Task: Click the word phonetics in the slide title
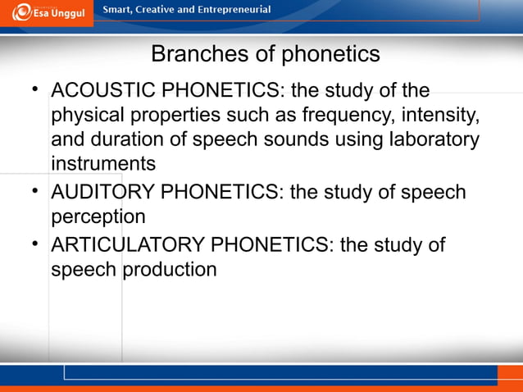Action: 331,54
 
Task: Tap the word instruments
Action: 103,163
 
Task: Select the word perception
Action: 98,217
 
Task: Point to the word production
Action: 171,270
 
